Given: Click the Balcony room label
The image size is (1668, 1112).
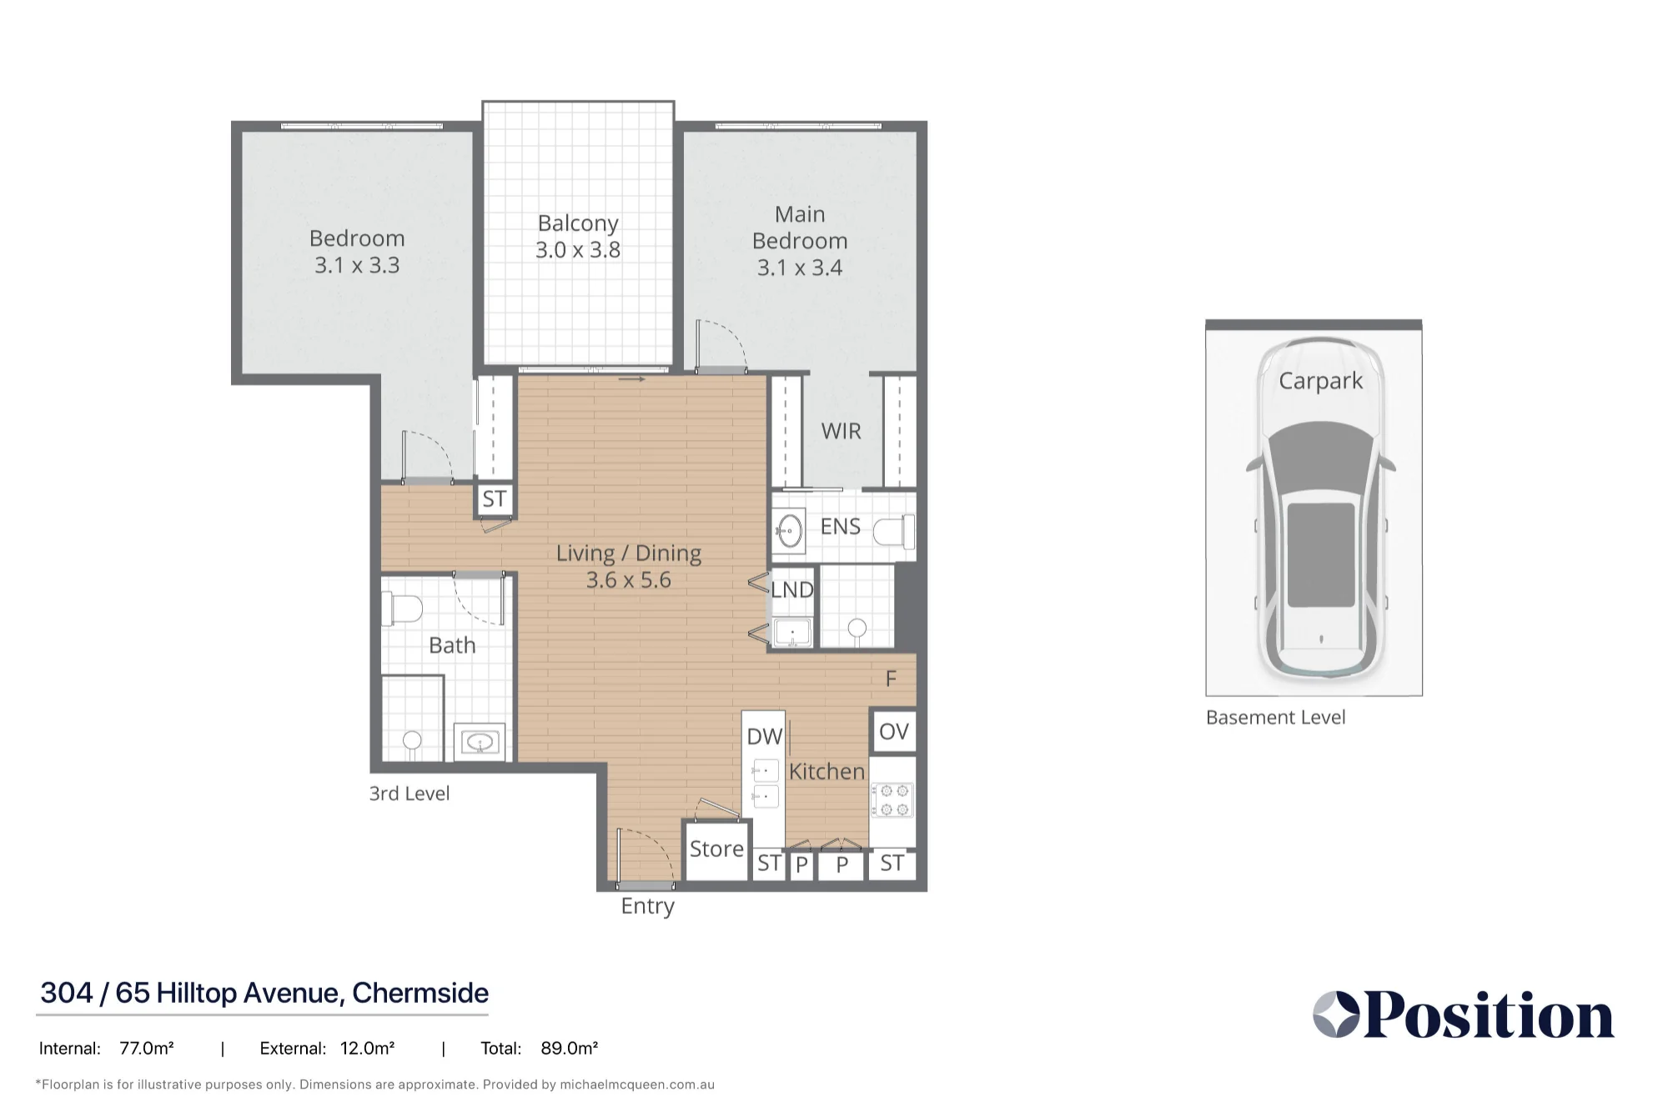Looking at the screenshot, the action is [x=578, y=223].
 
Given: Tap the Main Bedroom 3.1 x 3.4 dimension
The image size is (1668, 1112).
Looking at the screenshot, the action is [x=800, y=268].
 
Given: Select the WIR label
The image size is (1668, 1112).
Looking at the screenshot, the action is [x=841, y=431].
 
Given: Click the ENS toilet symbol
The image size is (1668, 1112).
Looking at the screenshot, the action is [x=895, y=532].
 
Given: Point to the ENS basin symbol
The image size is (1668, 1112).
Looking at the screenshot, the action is [x=789, y=530].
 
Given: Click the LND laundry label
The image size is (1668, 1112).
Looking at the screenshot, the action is [x=791, y=590].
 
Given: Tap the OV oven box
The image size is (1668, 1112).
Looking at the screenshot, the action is [x=893, y=732].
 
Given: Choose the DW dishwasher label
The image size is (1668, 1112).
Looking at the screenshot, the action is [x=764, y=736].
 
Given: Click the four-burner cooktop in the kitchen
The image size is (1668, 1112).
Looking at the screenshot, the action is [x=893, y=799].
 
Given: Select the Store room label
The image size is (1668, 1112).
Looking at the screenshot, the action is [x=716, y=849].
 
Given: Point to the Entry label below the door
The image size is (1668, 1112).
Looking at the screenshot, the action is [x=647, y=906].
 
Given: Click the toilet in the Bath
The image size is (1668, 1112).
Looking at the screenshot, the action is [x=402, y=608].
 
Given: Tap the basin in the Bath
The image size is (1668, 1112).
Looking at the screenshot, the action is [x=480, y=741].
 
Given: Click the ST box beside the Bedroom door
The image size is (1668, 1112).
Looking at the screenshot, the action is [x=494, y=498].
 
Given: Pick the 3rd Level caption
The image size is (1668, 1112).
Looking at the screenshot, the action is [x=409, y=794].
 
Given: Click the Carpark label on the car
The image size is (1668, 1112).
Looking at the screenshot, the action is [x=1320, y=381].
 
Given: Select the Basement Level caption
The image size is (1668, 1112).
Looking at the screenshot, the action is [x=1275, y=718].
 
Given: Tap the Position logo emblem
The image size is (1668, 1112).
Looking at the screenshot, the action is [x=1336, y=1014].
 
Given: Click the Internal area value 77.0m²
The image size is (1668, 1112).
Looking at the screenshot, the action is [x=147, y=1048].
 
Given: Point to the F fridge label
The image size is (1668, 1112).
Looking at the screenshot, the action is [x=891, y=679].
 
